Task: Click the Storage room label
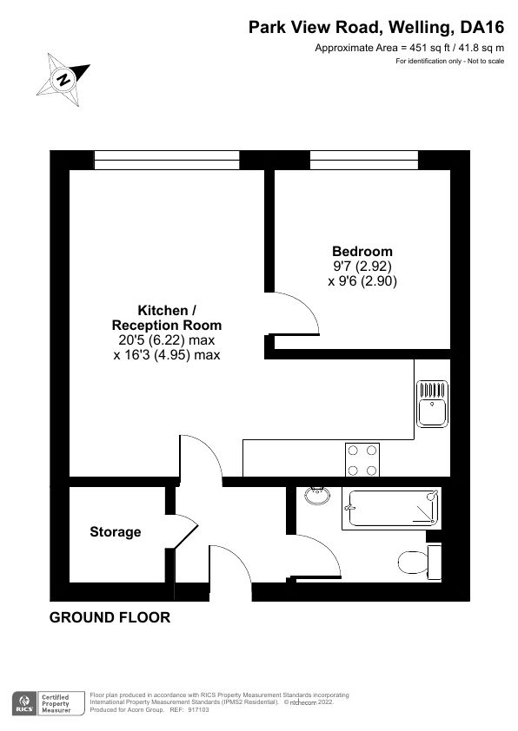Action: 116,532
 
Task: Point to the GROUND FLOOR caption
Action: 110,618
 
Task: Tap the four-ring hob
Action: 362,460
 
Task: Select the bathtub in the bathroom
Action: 393,506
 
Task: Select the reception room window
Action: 166,160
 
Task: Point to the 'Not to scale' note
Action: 480,61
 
